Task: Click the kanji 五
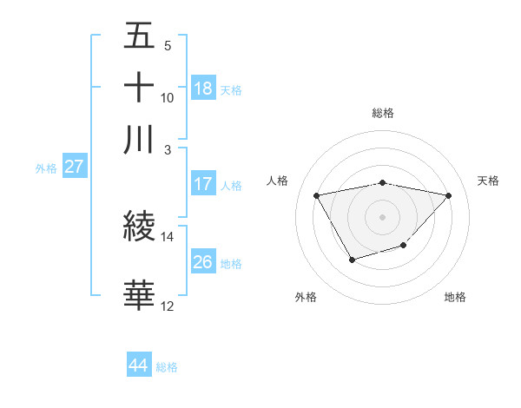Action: pos(139,38)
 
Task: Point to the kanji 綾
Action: pos(139,226)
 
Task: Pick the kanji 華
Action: pos(139,296)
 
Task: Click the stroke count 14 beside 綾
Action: pos(168,236)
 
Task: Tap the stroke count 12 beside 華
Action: pos(168,306)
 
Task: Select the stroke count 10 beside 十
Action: pos(168,97)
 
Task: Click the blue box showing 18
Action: pos(203,88)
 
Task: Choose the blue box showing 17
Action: pos(203,184)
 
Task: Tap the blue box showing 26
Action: pos(203,261)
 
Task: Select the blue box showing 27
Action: pos(73,167)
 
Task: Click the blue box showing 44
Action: pos(138,365)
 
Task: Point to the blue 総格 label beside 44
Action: pos(167,367)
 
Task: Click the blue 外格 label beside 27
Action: pos(45,168)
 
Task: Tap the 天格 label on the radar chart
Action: pos(488,181)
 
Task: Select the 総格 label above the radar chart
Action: pos(382,113)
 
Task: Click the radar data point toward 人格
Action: pos(317,195)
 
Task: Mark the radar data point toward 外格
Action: pos(352,260)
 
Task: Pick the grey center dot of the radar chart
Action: pos(382,216)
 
